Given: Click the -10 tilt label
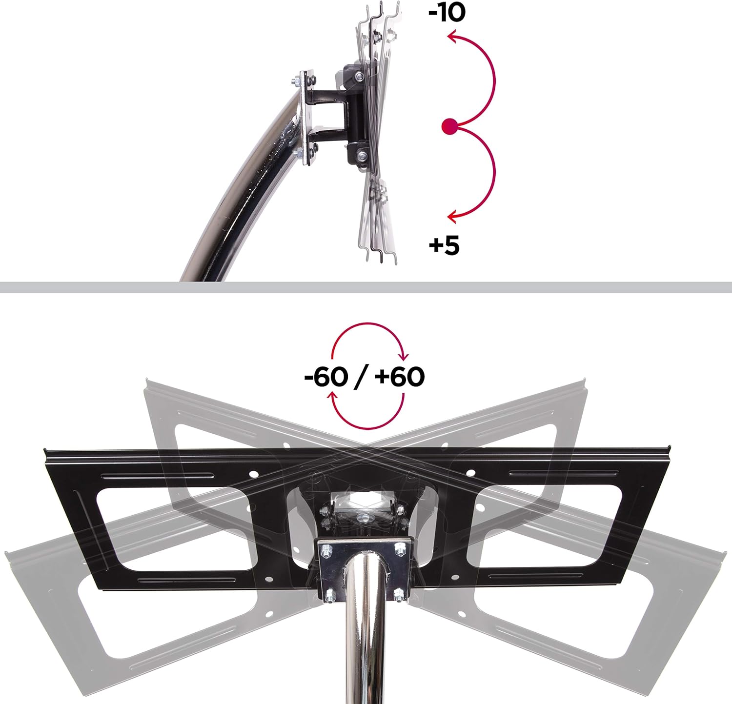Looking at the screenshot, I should [x=447, y=13].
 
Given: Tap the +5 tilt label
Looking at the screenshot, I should [x=444, y=245].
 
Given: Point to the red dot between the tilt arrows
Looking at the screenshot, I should [x=449, y=127].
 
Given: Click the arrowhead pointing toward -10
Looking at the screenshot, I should [x=452, y=37].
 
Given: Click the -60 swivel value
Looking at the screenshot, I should [x=326, y=377].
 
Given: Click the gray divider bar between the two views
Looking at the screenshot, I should [x=366, y=287].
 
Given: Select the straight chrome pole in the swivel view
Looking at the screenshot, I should [x=364, y=649].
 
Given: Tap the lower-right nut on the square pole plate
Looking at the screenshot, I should [x=399, y=594].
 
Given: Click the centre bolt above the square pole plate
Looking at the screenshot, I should [x=364, y=518].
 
